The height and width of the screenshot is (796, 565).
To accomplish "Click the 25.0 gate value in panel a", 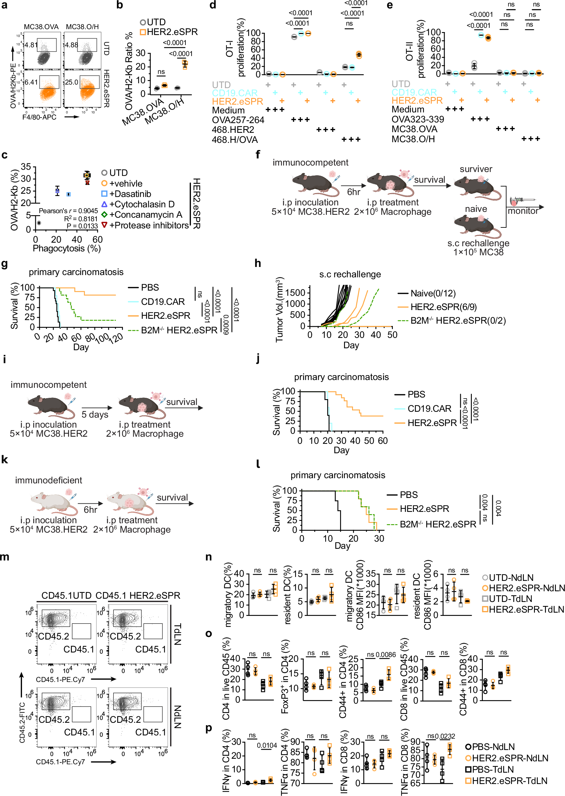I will (71, 82).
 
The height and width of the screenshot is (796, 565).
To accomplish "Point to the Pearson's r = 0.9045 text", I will (68, 211).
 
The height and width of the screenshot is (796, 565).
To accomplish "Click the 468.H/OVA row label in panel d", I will (235, 140).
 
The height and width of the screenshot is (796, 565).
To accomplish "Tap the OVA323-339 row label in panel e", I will (417, 119).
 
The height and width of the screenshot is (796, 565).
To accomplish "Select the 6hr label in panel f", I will (354, 192).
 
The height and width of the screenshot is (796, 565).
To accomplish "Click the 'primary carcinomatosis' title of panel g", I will (76, 272).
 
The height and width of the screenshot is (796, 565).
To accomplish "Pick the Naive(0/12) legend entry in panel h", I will (433, 293).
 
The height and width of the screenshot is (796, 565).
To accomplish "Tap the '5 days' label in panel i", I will (94, 414).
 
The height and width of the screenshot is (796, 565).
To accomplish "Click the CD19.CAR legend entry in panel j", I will (429, 409).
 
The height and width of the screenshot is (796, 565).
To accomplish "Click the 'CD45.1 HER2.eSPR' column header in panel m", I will (138, 595).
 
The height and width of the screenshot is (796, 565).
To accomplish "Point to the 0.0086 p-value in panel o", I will (385, 655).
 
